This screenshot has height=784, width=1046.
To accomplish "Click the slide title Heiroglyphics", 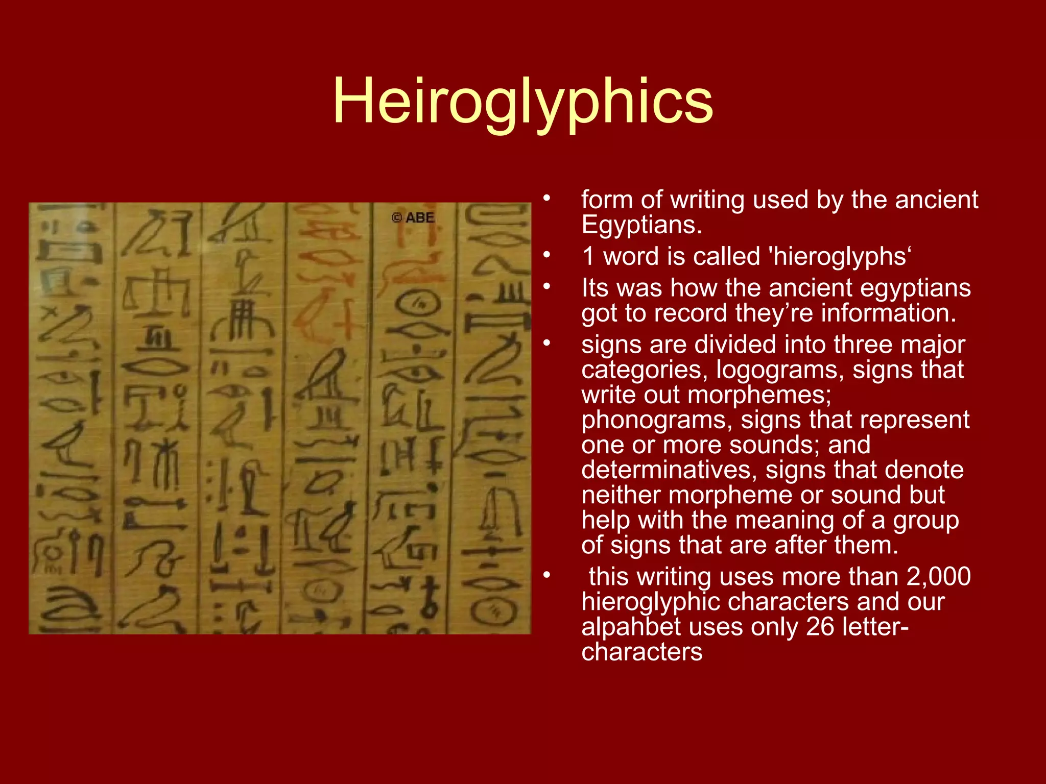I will tap(522, 102).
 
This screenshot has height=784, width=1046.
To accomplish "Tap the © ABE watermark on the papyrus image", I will tap(413, 218).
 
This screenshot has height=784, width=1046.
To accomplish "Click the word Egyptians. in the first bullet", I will tap(641, 225).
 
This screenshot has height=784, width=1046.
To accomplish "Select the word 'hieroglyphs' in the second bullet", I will tap(841, 256).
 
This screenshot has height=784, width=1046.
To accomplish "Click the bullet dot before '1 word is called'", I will tap(547, 254).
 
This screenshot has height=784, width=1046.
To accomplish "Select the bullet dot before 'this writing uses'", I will tap(547, 575).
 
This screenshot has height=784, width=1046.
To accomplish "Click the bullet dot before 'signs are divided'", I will tap(547, 342).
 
